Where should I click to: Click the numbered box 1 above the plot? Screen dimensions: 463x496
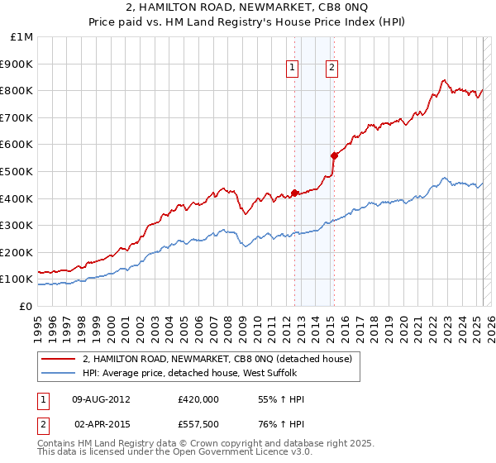(293, 69)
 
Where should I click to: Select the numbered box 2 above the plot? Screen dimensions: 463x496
(331, 69)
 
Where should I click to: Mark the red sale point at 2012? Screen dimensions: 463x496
(294, 193)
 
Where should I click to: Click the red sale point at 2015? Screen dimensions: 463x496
(334, 155)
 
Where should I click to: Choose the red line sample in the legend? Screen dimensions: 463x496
(59, 359)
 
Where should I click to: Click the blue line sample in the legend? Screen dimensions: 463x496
(59, 373)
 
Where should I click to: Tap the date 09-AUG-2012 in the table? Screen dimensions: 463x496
(102, 399)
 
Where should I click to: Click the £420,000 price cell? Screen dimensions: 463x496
(198, 399)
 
